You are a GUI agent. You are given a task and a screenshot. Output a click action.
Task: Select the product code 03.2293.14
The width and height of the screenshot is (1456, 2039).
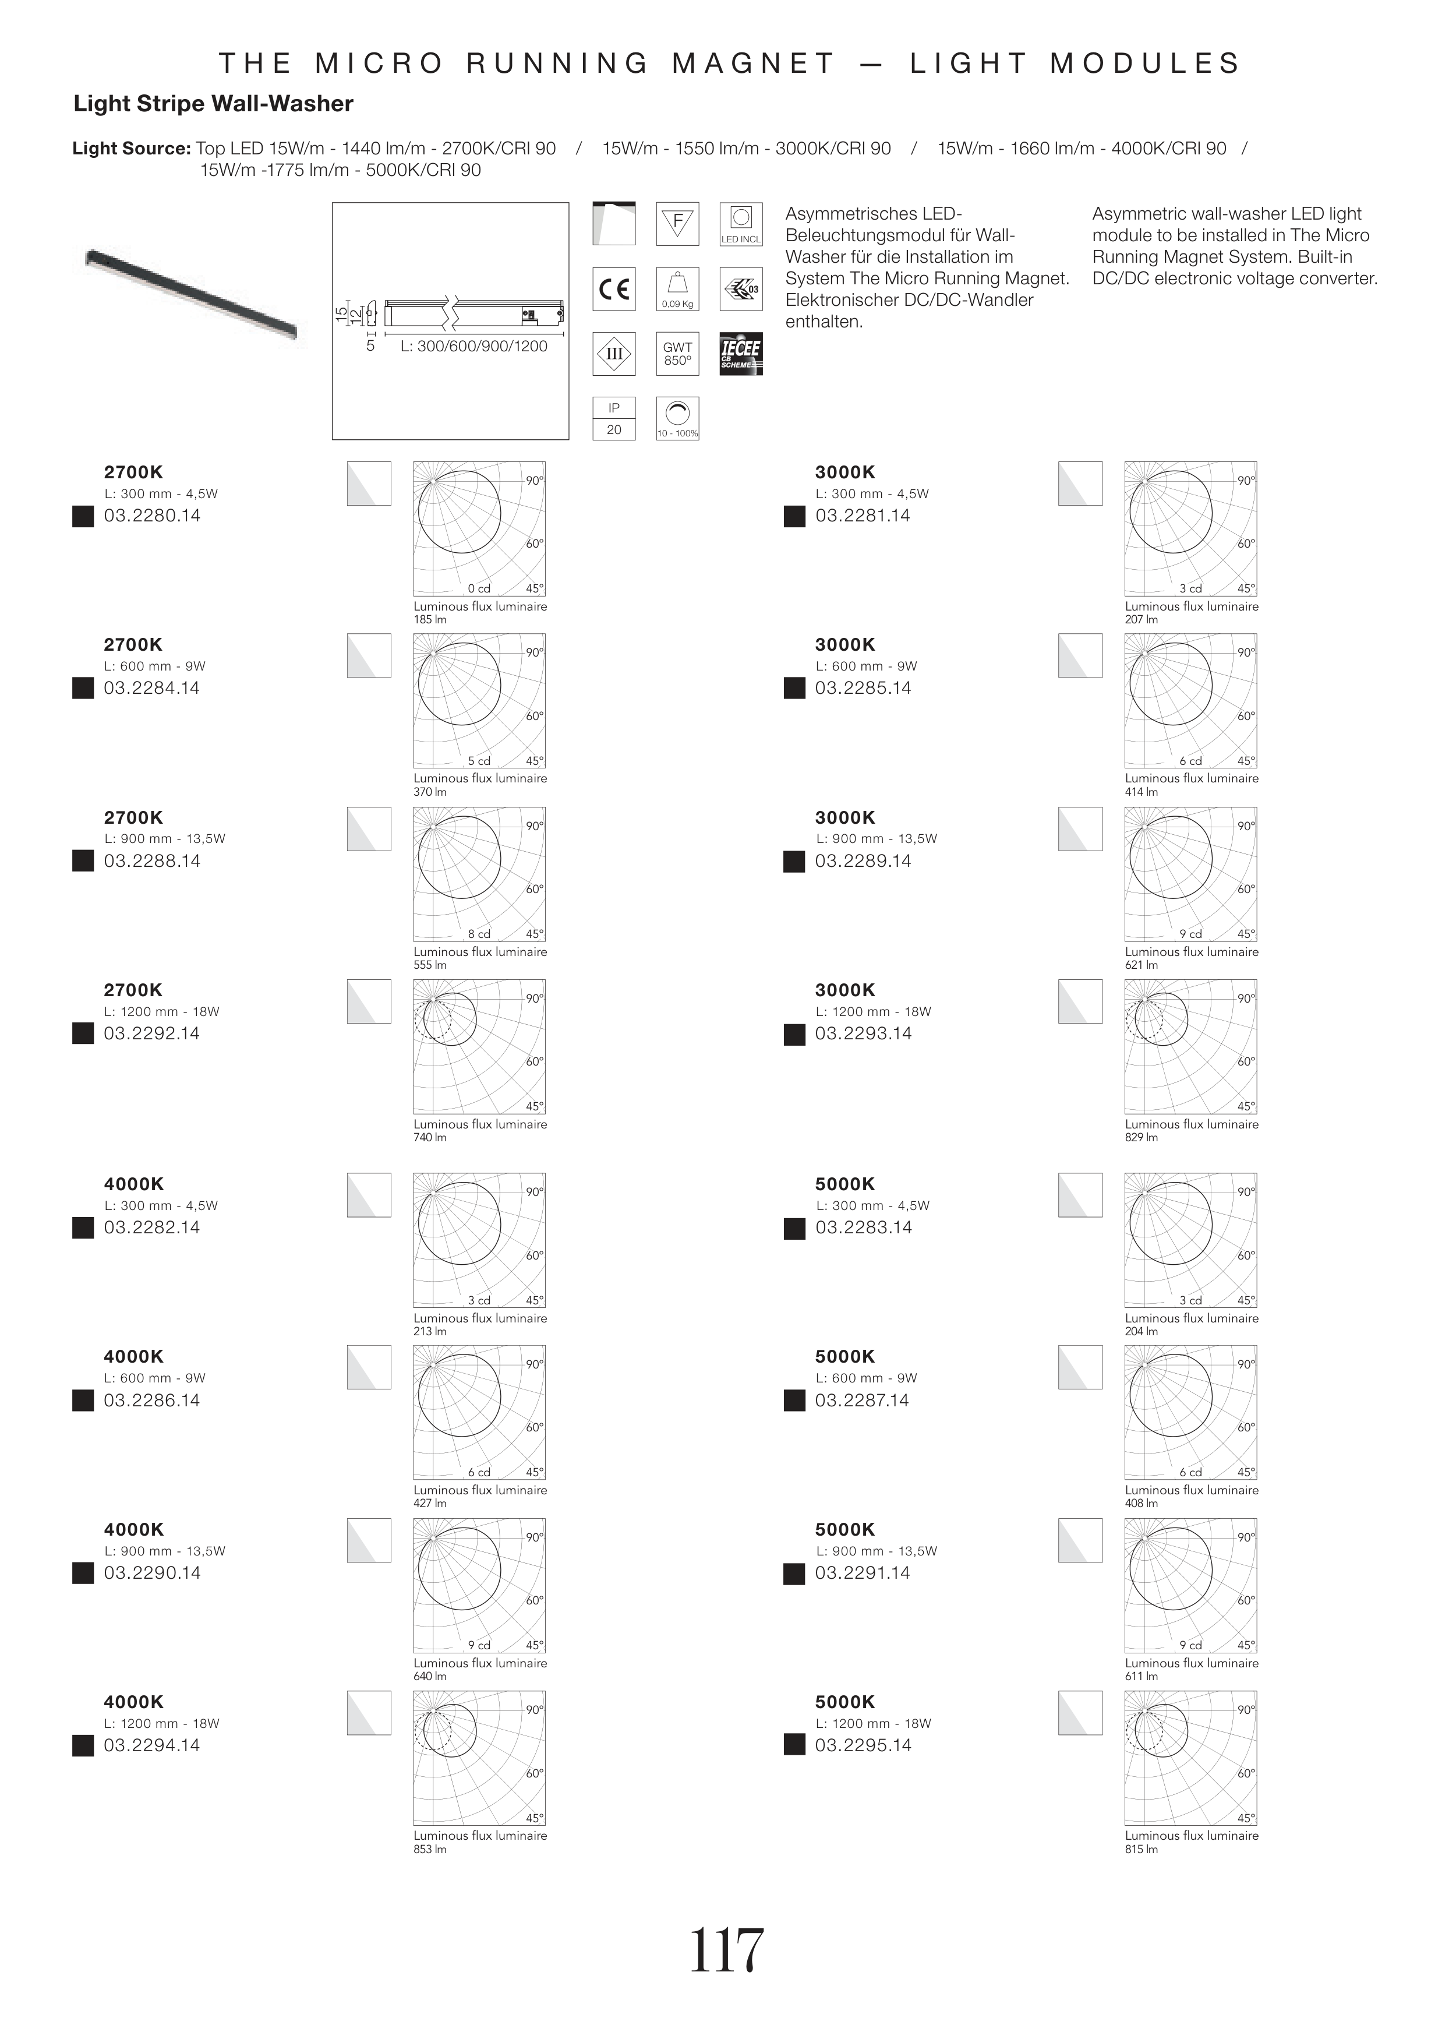[863, 1034]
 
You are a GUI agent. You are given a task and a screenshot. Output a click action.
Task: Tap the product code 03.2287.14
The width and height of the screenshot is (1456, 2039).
[863, 1401]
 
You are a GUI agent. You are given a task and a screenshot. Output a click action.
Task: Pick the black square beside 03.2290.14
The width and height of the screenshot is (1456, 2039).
[83, 1574]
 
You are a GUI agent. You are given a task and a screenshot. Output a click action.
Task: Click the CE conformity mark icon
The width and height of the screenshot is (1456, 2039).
[614, 289]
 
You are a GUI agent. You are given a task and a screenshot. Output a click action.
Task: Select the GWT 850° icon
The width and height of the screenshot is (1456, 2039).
[678, 353]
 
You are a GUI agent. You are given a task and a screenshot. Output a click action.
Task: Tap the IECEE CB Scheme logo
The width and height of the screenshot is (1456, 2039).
[741, 353]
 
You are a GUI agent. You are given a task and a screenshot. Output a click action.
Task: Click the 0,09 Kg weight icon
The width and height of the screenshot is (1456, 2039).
[678, 289]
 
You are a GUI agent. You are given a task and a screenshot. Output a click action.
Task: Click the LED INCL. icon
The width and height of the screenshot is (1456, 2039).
[741, 224]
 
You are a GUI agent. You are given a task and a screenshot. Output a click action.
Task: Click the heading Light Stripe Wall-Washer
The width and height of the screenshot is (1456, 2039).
[213, 104]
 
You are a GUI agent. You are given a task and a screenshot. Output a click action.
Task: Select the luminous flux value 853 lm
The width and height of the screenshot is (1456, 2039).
[430, 1849]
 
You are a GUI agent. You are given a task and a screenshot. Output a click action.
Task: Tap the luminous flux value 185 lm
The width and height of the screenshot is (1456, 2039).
[430, 620]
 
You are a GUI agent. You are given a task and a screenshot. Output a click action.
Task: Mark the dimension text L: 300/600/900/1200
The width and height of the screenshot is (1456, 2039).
[473, 346]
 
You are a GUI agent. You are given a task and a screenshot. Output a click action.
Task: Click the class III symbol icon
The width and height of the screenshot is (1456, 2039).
[614, 353]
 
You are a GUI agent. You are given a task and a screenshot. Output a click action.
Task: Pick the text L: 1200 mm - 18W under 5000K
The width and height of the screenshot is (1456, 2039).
[873, 1723]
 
